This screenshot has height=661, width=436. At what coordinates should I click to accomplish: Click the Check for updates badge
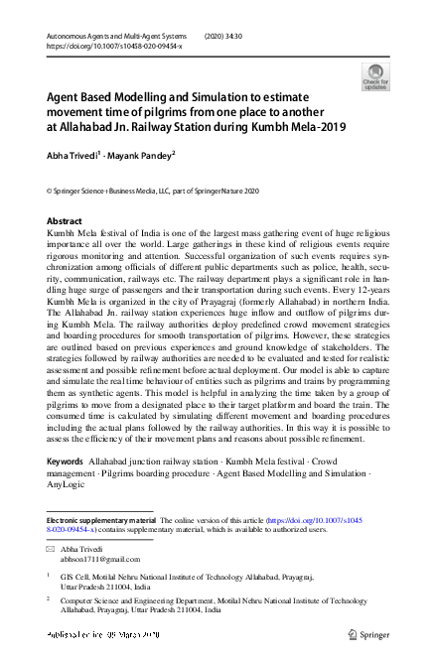tap(375, 76)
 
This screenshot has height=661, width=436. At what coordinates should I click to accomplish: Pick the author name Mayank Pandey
tap(141, 154)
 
